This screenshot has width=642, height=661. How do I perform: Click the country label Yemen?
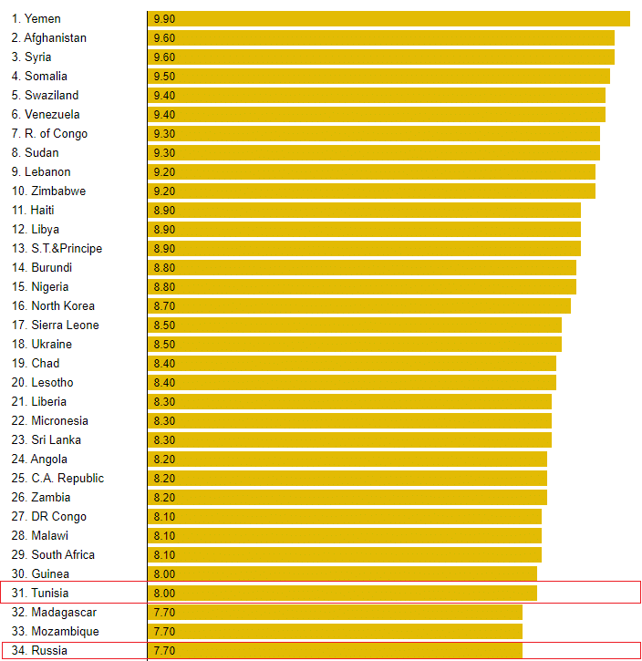[x=43, y=18]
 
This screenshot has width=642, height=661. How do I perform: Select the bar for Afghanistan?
[x=380, y=37]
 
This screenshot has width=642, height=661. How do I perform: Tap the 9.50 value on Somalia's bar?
[x=164, y=76]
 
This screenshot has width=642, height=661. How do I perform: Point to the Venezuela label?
[x=52, y=114]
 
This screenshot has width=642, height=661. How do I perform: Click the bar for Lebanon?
[x=371, y=171]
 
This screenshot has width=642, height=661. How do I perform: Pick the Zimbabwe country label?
[x=58, y=191]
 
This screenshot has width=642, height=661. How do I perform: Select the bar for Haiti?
[x=364, y=210]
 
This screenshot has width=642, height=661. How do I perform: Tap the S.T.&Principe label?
[x=67, y=248]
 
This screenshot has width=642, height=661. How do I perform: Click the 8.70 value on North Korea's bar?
[x=164, y=305]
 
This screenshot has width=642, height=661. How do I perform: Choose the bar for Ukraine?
[x=354, y=344]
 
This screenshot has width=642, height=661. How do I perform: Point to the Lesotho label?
[x=52, y=382]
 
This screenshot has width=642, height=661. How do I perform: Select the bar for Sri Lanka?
[x=349, y=439]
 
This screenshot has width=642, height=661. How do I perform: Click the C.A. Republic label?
[x=67, y=478]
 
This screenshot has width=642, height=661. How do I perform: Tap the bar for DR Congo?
[x=345, y=516]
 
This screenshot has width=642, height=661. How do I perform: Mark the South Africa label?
[x=63, y=554]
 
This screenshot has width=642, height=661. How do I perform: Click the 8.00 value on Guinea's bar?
[x=164, y=573]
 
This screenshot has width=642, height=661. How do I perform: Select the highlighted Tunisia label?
[x=49, y=593]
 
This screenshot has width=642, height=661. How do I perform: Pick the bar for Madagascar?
[x=335, y=612]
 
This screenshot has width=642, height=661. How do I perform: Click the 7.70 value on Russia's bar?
[x=164, y=650]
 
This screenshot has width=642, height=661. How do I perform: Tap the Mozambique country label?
[x=65, y=631]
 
